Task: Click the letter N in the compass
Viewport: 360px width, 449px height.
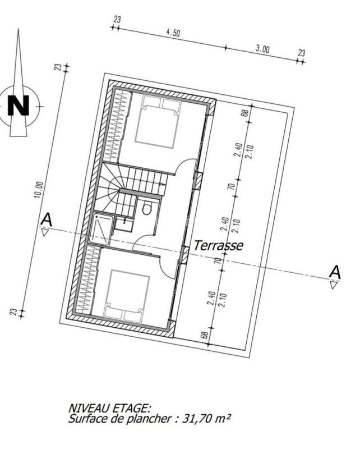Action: coord(20,106)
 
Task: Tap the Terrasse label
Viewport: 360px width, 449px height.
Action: coord(219,245)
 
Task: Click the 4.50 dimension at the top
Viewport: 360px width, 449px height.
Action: coord(173,33)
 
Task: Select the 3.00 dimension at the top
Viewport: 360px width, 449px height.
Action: coord(262,49)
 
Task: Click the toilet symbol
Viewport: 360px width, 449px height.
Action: coord(147,208)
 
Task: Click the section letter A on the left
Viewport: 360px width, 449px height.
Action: coord(47,219)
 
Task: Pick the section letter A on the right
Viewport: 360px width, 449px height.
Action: coord(335,272)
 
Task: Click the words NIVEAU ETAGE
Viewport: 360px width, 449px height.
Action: coord(109,408)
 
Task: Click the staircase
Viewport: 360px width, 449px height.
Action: coord(132,182)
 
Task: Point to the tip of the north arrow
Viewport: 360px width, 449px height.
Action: coord(18,29)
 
